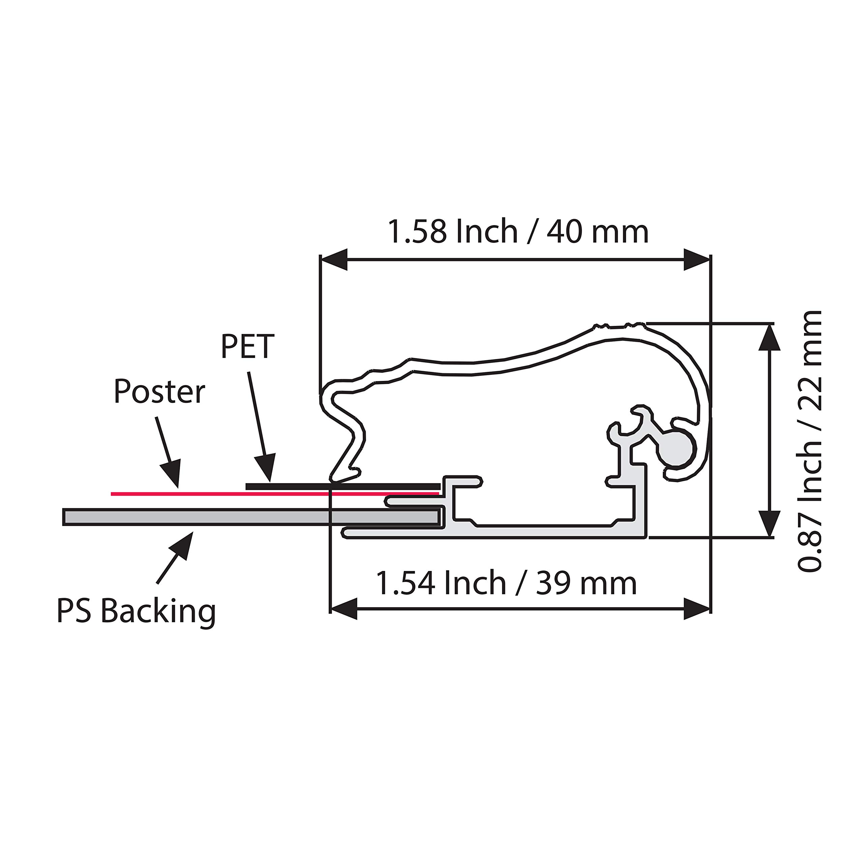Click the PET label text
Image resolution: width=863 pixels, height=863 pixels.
[247, 346]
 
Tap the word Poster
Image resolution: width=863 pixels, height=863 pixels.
[159, 392]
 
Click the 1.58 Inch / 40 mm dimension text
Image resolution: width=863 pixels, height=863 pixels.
[518, 232]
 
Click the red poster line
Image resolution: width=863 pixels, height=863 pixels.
[275, 494]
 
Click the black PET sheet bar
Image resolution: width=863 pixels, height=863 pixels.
[343, 486]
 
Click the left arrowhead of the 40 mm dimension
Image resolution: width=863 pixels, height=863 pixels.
[334, 260]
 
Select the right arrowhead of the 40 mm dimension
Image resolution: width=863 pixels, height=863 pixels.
[697, 260]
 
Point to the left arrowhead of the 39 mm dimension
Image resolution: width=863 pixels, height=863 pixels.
[344, 609]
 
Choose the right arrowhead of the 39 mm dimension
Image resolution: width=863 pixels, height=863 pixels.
[697, 609]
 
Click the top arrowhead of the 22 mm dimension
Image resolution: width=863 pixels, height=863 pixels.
[770, 337]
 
